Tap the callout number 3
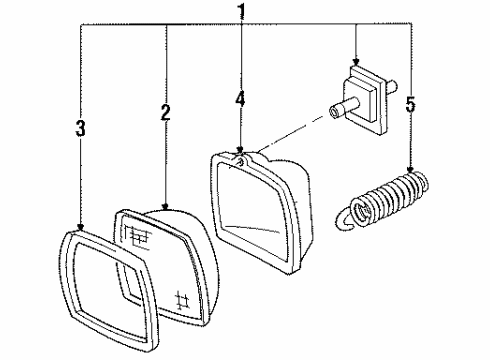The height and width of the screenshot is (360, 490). coord(80,127)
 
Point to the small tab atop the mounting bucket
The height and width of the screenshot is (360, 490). coord(241,155)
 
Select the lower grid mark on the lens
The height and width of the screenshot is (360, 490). coord(182,298)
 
